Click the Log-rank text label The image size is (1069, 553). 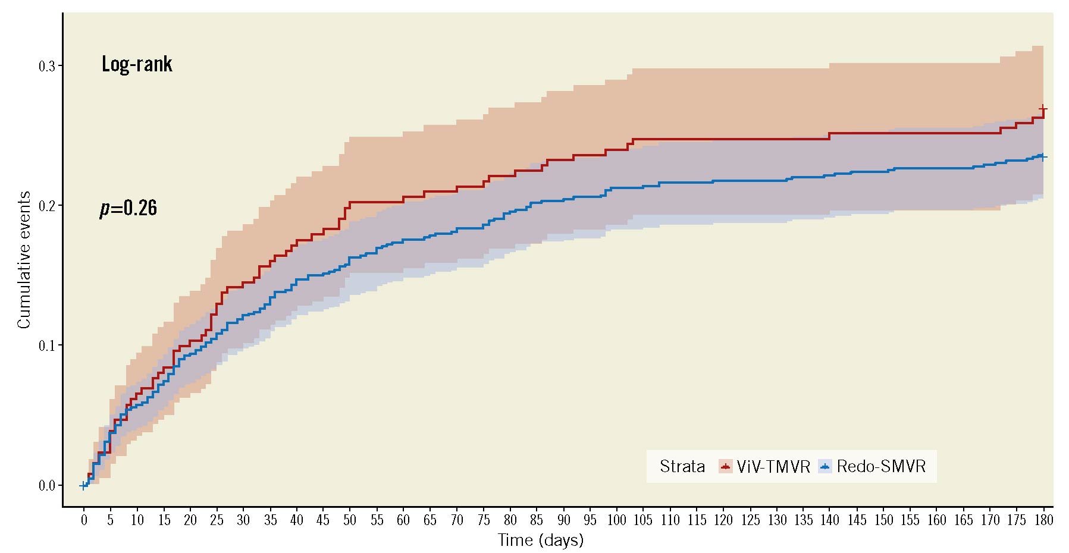point(137,64)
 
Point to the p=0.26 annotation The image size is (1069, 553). point(128,208)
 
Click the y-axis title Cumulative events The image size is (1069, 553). point(24,260)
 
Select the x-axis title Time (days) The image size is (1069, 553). point(540,540)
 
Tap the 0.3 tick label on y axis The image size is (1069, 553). point(47,66)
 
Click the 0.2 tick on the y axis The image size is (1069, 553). point(47,206)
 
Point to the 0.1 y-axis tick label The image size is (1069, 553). point(47,345)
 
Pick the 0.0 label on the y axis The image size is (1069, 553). point(47,486)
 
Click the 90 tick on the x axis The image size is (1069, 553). point(563,520)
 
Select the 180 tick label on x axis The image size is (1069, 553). point(1043,520)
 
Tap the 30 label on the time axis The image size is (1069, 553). point(243,520)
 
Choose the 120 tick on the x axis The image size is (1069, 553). point(723,520)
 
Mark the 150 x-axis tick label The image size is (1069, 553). point(883,520)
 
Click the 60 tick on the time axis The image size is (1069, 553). point(403,520)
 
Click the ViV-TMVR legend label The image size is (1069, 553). point(773,467)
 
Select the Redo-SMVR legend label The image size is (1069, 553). point(881,467)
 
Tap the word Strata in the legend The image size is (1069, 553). point(682,467)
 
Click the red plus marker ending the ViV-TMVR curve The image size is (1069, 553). point(1043,109)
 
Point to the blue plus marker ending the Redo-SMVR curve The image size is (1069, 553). point(1043,157)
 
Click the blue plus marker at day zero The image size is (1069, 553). point(83,486)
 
